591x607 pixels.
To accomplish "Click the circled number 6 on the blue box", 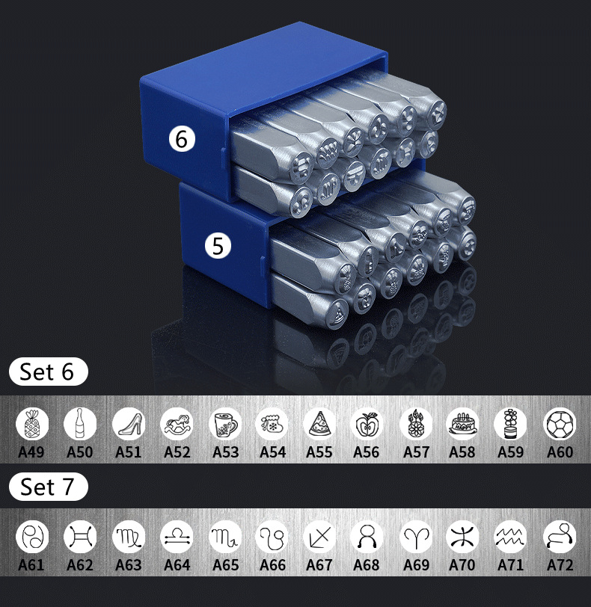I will pyautogui.click(x=182, y=138).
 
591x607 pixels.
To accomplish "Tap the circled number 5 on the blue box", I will pyautogui.click(x=218, y=245).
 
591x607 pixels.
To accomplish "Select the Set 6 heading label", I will pyautogui.click(x=48, y=372).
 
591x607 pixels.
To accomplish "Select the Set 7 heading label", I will pyautogui.click(x=48, y=487).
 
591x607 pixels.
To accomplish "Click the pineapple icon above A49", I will pyautogui.click(x=32, y=425).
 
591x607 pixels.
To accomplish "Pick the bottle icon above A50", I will pyautogui.click(x=80, y=425).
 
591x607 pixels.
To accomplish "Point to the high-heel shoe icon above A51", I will pyautogui.click(x=129, y=425).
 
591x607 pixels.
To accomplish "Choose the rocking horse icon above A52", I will pyautogui.click(x=177, y=425).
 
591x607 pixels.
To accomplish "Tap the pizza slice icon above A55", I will pyautogui.click(x=319, y=425).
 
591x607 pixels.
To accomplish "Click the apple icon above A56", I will pyautogui.click(x=367, y=425).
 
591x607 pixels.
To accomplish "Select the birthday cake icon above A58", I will pyautogui.click(x=462, y=425).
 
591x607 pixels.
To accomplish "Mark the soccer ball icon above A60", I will pyautogui.click(x=560, y=425).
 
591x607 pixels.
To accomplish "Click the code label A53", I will pyautogui.click(x=225, y=452).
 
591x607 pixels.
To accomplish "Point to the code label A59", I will pyautogui.click(x=511, y=452).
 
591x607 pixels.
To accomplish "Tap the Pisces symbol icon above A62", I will pyautogui.click(x=80, y=537).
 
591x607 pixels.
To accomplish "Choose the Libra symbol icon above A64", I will pyautogui.click(x=177, y=537).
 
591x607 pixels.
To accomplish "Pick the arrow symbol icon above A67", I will pyautogui.click(x=319, y=537).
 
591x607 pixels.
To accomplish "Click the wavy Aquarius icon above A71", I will pyautogui.click(x=511, y=537).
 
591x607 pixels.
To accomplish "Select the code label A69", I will pyautogui.click(x=415, y=564).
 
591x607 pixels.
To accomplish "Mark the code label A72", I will pyautogui.click(x=560, y=564).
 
